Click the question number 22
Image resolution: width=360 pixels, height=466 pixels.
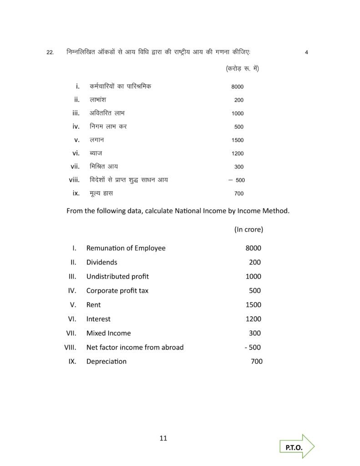click(50, 53)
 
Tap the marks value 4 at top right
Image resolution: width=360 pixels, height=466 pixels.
click(306, 52)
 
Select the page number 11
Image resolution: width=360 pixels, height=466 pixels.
click(164, 439)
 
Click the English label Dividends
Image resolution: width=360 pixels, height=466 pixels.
click(101, 262)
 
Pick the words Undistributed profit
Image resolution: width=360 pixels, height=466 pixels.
click(117, 276)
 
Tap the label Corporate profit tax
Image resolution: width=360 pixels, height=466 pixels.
click(117, 290)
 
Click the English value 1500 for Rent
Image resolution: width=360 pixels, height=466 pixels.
click(253, 305)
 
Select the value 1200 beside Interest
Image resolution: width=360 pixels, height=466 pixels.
click(253, 319)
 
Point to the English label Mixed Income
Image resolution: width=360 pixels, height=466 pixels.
click(108, 333)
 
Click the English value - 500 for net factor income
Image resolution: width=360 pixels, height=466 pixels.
click(253, 347)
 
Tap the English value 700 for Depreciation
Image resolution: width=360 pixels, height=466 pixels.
click(256, 361)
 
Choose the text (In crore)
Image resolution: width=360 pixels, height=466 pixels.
click(248, 229)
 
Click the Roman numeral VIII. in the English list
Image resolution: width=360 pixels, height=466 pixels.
click(70, 347)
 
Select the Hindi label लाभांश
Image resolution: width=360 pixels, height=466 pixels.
click(98, 100)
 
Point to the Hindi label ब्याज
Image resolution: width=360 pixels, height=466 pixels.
click(96, 153)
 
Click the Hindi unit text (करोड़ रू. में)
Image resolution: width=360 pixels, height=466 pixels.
click(242, 69)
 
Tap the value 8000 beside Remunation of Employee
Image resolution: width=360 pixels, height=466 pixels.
click(253, 248)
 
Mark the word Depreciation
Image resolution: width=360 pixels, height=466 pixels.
click(106, 361)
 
